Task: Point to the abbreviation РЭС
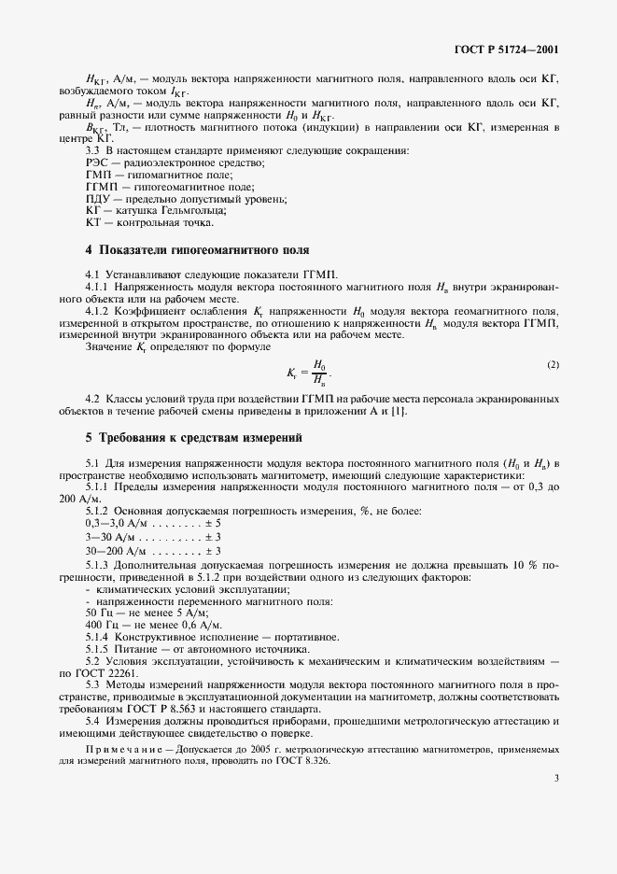(98, 162)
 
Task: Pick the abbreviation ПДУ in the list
(98, 198)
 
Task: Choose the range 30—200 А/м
(117, 551)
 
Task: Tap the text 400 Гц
(100, 624)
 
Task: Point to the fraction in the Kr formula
(320, 372)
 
